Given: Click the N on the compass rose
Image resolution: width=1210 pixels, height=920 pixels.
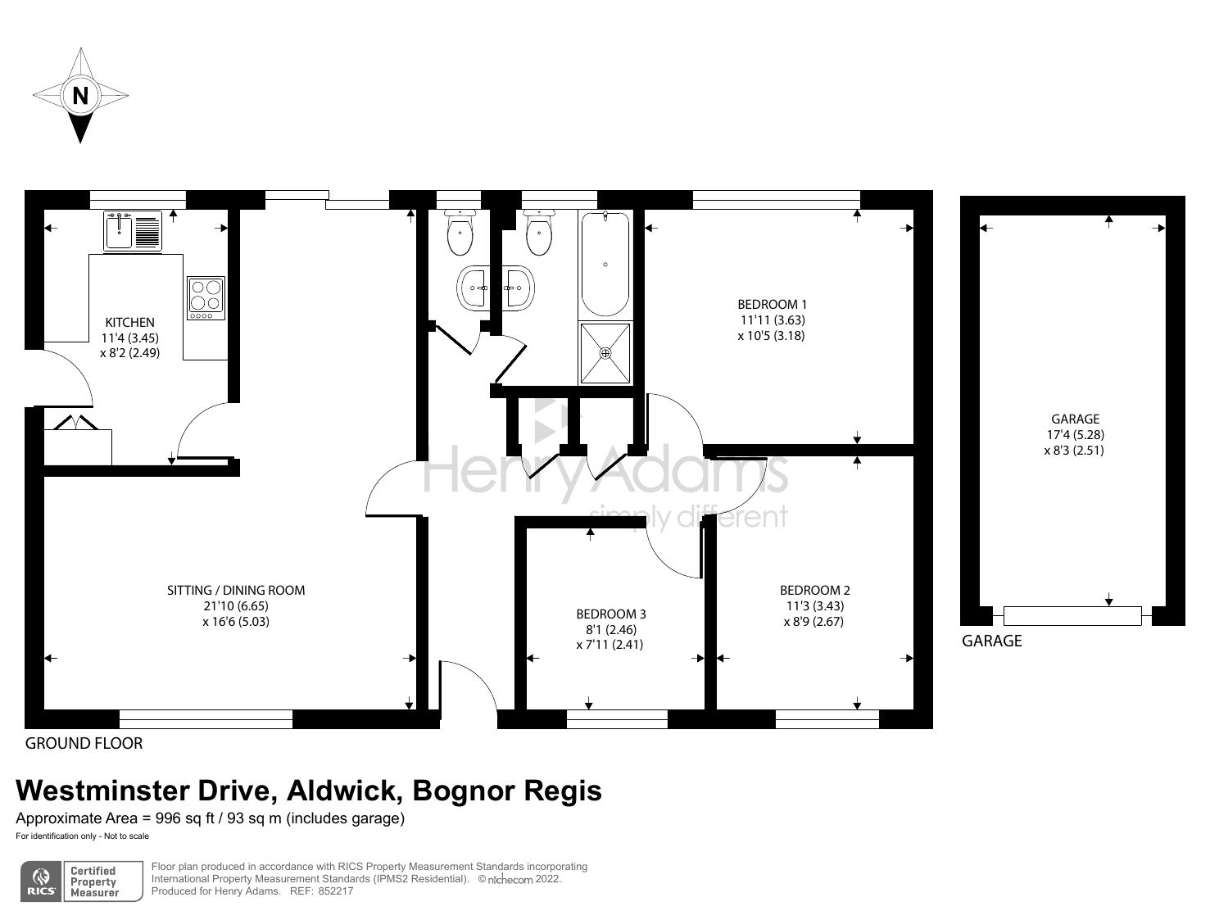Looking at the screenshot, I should tap(80, 96).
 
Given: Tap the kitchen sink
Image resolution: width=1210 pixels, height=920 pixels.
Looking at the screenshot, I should tap(120, 230).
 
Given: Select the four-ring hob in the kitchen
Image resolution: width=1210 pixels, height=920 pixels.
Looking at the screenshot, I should tap(206, 297).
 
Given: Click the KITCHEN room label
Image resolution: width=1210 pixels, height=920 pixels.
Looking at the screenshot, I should tap(129, 322).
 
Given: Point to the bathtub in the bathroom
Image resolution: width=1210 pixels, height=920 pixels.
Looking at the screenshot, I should tap(605, 265).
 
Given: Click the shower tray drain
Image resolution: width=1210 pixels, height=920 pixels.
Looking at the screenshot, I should tap(605, 353).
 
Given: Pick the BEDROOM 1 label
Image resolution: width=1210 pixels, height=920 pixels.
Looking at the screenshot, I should tap(772, 304).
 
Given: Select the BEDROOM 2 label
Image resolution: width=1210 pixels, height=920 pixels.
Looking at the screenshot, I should tap(814, 590).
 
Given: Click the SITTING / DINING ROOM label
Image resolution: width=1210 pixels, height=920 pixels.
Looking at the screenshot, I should tap(236, 590).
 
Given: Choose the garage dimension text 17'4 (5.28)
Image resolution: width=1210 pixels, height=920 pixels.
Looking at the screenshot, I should tap(1075, 435).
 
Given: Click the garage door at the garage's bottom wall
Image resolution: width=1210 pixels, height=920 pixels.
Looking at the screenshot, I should tap(1072, 615).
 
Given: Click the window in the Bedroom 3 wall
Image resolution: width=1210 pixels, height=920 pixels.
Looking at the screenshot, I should tap(617, 719).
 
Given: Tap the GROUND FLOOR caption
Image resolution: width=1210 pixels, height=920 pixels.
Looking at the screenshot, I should tap(84, 743).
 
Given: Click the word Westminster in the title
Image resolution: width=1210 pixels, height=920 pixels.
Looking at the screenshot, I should tap(143, 791).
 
